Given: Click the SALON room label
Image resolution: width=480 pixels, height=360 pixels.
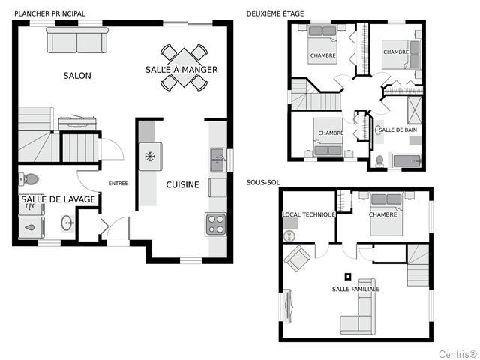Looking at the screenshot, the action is tap(77, 76).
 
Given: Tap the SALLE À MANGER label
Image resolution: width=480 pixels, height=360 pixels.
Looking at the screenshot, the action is tap(181, 70).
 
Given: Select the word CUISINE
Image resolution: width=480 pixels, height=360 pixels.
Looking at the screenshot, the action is tap(182, 185).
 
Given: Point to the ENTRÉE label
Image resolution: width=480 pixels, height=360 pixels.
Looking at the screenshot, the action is tap(118, 184).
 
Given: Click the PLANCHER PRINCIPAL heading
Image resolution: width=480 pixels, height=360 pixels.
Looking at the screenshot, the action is tap(50, 13).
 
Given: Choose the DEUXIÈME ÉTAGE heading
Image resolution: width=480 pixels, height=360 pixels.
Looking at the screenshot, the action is tap(275, 13).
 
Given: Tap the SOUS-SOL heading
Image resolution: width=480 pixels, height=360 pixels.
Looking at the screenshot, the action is tap(263, 183).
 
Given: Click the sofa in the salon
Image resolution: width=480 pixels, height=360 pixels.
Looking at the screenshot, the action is tap(77, 40).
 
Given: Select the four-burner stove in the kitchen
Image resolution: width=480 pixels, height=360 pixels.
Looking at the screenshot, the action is tap(215, 224).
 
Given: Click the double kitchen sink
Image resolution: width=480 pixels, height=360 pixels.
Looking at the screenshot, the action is tap(218, 160).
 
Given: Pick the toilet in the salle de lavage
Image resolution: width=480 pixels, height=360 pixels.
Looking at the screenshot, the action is tap(28, 178).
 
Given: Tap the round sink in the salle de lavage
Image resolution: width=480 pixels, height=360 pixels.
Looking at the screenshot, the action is tap(67, 223).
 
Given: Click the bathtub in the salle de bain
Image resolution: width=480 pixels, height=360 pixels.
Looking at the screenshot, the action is tap(406, 161).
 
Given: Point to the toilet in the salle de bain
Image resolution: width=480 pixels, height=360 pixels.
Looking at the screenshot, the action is tap(379, 161).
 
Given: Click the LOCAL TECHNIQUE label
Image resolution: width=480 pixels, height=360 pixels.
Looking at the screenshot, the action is tap(308, 215).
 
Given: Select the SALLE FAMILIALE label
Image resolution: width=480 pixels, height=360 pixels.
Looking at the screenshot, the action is tap(355, 289).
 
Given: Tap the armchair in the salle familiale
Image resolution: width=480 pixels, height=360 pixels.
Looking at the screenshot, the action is tap(297, 258).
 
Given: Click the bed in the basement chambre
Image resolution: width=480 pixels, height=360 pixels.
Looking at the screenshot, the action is tap(386, 214).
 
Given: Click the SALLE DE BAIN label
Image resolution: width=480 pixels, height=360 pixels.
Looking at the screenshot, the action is tap(397, 130).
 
